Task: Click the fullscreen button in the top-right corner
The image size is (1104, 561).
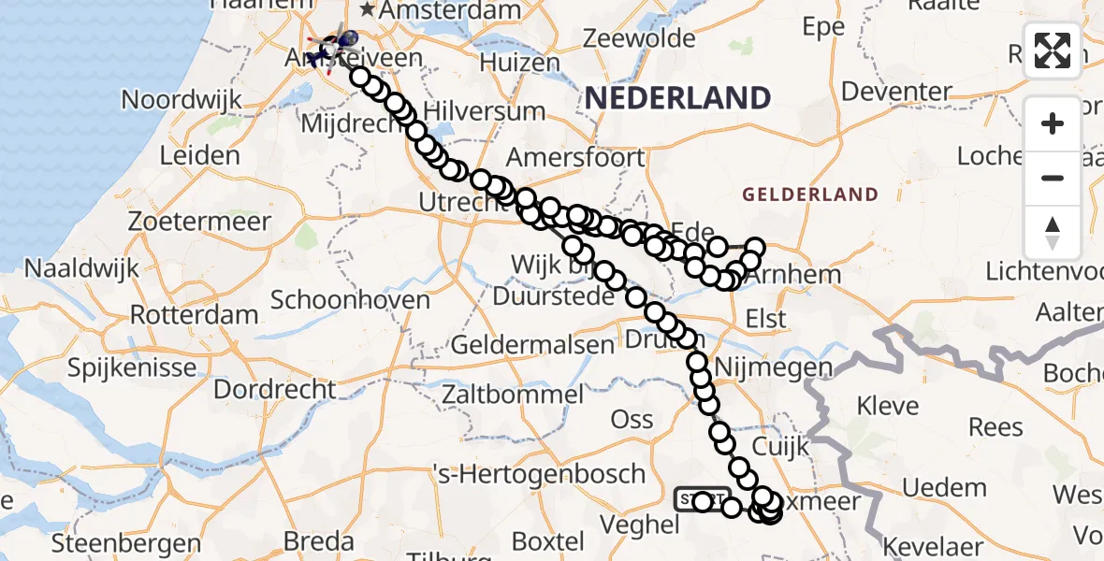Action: (x=1053, y=50)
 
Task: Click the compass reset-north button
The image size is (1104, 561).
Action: (x=1053, y=232)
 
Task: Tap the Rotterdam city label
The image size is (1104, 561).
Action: (x=194, y=314)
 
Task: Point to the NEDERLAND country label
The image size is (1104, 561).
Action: (x=678, y=97)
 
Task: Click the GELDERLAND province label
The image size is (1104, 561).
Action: (x=810, y=194)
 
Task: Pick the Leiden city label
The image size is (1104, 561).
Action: (x=199, y=155)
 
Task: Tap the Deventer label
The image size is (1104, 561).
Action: (x=896, y=91)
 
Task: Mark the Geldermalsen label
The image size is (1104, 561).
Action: (x=532, y=344)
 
